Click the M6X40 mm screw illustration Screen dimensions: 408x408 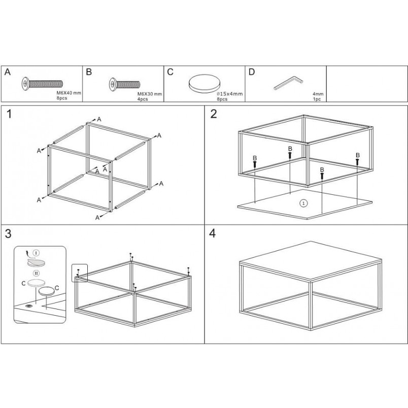pos(42,84)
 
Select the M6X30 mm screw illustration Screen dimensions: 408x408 pos(124,84)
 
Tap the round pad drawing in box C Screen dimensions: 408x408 pos(205,83)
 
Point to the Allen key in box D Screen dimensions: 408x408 pos(289,83)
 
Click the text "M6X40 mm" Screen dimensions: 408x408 pos(69,93)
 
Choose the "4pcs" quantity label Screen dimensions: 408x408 pos(143,99)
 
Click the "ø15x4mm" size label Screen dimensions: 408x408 pos(229,94)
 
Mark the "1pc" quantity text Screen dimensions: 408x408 pos(317,99)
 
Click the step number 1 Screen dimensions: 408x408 pos(9,114)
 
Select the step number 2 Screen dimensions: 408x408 pos(213,114)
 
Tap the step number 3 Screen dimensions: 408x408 pos(8,233)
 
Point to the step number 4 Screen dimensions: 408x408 pos(213,233)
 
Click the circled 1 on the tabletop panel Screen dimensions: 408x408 pos(303,203)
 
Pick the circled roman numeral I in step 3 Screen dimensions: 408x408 pos(36,252)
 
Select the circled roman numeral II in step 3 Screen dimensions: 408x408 pos(36,273)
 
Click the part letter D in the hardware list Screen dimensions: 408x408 pos(252,72)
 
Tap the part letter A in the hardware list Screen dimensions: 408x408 pos(8,72)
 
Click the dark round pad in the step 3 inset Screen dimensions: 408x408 pos(47,291)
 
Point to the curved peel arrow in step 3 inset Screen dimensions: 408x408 pos(27,254)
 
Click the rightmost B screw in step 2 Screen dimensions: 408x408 pos(358,161)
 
